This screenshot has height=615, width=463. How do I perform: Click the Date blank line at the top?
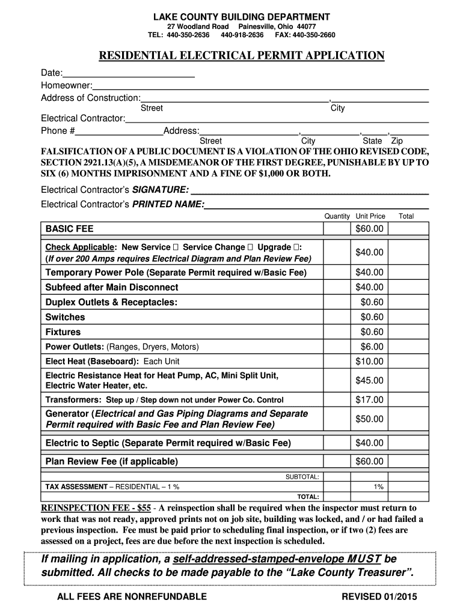coord(129,75)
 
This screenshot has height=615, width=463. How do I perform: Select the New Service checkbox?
coord(176,247)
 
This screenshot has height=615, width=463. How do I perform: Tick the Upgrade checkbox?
coord(298,247)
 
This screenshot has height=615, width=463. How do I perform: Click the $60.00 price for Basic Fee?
coord(369,229)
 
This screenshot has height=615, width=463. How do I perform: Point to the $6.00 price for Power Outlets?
coord(372,347)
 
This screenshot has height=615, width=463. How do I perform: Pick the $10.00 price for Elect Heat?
coord(369,361)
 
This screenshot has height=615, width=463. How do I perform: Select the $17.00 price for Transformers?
coord(369,399)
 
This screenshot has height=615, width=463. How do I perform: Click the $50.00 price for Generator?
coord(369,419)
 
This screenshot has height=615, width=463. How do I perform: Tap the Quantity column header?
coord(337,216)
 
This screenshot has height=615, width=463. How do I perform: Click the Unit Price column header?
coord(370,216)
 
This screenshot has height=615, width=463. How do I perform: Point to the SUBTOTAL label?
coord(302,476)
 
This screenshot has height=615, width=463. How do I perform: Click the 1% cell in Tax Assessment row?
coord(378,486)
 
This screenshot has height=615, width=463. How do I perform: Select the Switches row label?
coord(66,317)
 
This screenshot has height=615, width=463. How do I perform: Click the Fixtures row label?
coord(63,332)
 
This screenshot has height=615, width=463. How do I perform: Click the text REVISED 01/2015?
coord(379,596)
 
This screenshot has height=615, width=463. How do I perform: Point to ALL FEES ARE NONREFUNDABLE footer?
coord(132,596)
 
